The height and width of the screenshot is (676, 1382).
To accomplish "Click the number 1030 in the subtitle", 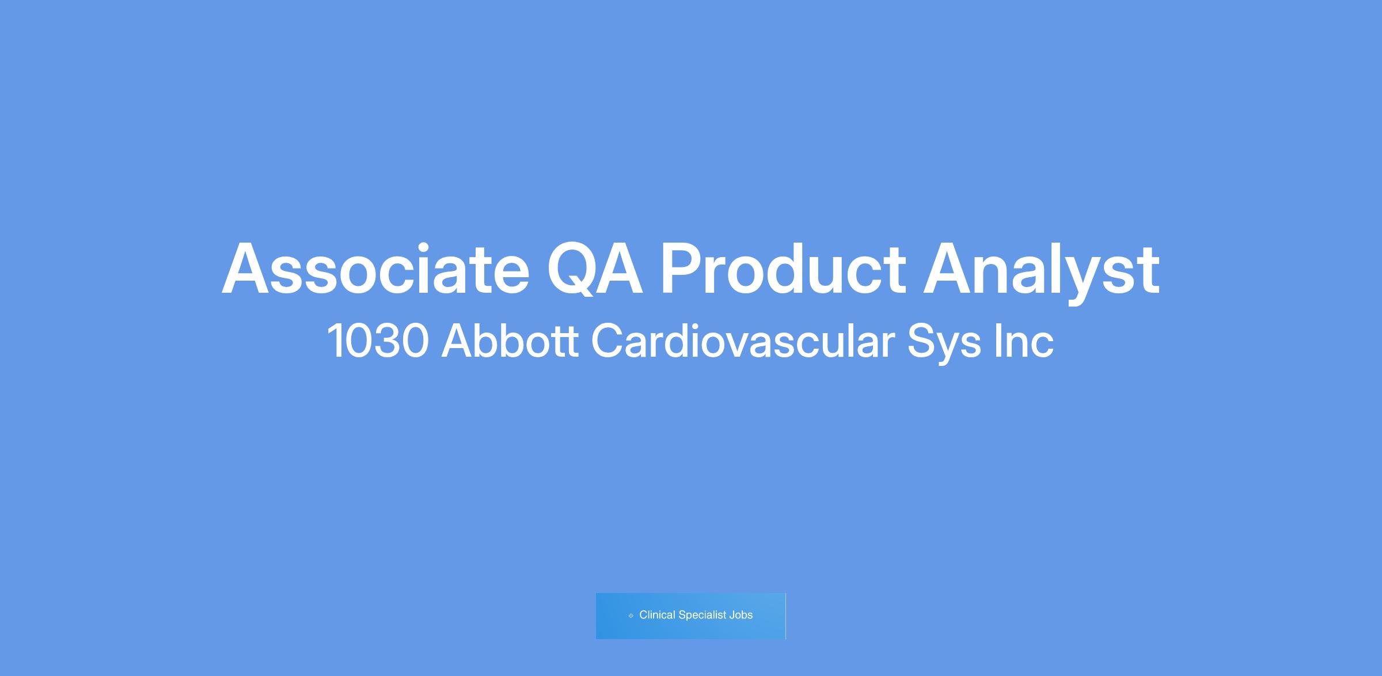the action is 378,341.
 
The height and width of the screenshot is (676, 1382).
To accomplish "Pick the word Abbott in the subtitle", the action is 510,341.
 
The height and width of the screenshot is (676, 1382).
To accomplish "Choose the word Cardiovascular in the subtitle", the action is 743,341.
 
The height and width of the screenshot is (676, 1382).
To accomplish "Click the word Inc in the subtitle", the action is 1025,341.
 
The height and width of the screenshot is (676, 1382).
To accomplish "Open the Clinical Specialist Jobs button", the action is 691,615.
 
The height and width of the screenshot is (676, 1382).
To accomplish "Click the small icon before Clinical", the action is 631,615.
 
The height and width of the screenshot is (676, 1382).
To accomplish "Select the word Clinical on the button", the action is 657,615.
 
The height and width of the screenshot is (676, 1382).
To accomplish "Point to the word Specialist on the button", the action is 703,615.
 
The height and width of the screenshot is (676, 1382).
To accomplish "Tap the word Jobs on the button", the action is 741,615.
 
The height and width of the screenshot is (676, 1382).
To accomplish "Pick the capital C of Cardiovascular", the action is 609,341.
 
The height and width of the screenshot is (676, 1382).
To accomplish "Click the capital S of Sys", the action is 921,341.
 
